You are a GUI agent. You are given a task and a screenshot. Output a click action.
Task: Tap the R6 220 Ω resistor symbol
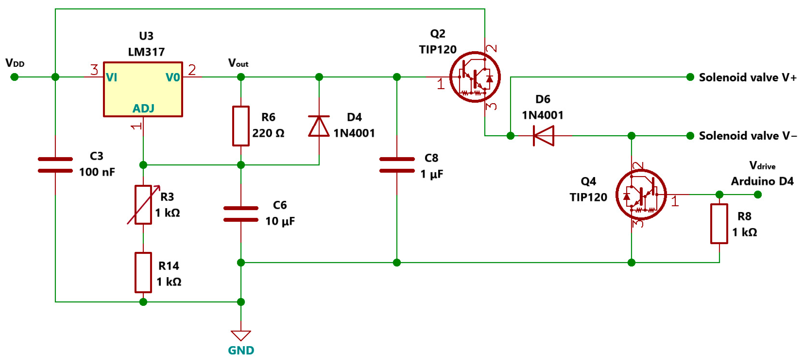tap(241, 126)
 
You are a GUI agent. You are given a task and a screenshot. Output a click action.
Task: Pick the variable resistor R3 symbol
tap(143, 205)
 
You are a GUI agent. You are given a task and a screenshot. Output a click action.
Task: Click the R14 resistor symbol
tap(143, 273)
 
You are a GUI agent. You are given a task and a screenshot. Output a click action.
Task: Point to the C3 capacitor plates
tap(55, 165)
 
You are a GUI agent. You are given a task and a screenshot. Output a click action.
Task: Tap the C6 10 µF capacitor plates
tap(241, 214)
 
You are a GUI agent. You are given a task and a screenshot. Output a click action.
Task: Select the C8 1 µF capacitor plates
tap(397, 165)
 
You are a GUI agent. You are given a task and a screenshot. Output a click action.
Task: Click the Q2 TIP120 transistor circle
tap(475, 77)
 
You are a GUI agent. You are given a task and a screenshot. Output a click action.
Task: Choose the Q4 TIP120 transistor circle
tap(641, 195)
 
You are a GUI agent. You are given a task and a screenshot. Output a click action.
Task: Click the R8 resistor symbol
tap(719, 224)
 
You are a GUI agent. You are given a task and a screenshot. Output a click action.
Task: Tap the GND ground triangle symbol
tap(241, 335)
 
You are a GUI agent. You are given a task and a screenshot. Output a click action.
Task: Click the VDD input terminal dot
tap(14, 77)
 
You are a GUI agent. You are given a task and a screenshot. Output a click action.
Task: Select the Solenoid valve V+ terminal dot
tap(690, 77)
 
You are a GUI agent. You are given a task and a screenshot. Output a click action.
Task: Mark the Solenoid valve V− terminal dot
tap(690, 136)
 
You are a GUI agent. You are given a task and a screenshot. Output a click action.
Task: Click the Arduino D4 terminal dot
tap(757, 195)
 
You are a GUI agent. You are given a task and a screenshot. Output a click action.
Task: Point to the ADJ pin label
tap(143, 108)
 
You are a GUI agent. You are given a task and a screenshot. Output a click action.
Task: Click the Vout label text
tap(238, 63)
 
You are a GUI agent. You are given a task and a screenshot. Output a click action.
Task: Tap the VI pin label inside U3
tap(112, 77)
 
